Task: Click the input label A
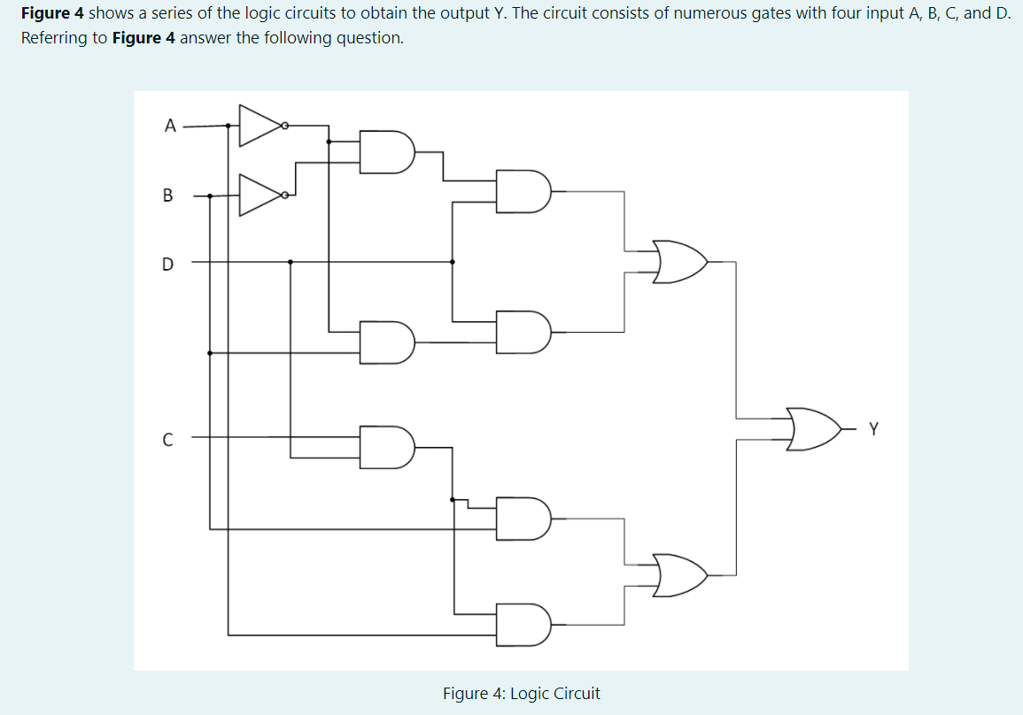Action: click(x=169, y=126)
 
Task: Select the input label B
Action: click(x=168, y=196)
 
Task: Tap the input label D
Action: click(x=168, y=263)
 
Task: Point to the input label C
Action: click(x=168, y=437)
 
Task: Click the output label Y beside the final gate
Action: click(x=874, y=430)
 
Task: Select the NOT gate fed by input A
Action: click(x=260, y=126)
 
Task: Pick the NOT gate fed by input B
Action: click(x=260, y=196)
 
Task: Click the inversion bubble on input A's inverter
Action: click(x=285, y=126)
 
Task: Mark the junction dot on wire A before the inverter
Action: click(x=229, y=126)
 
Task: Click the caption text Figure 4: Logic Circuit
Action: click(x=521, y=694)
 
